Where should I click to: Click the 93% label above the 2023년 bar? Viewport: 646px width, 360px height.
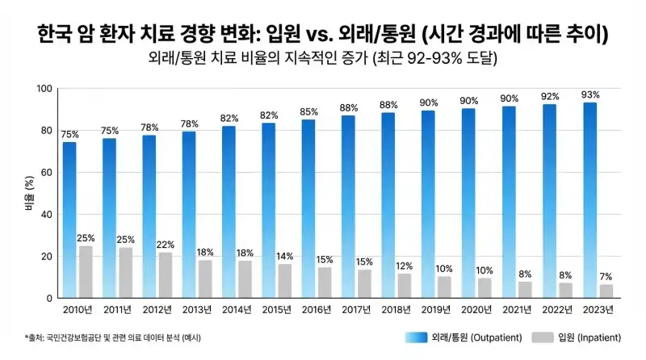pyautogui.click(x=590, y=94)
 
